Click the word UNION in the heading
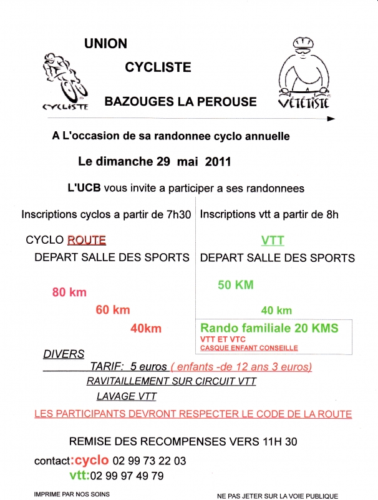[x=105, y=44]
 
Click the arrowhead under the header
[x=331, y=118]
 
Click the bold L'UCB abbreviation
[x=84, y=188]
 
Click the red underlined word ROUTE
[x=86, y=239]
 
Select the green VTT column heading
[x=272, y=240]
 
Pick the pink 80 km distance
[x=69, y=292]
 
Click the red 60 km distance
[x=113, y=309]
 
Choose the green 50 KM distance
[x=236, y=285]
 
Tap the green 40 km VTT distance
[x=276, y=310]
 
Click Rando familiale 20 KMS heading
[x=269, y=327]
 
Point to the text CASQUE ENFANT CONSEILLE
[x=249, y=348]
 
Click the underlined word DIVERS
[x=64, y=354]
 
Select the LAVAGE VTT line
[x=127, y=396]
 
